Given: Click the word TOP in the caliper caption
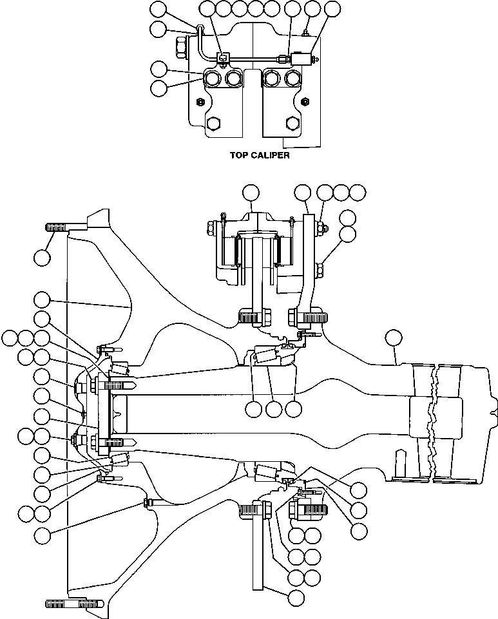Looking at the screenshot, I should pyautogui.click(x=240, y=155).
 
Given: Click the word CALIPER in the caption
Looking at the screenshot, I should pyautogui.click(x=269, y=155).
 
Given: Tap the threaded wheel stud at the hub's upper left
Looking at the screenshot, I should pyautogui.click(x=58, y=226).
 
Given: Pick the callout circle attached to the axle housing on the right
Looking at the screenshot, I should pyautogui.click(x=392, y=337).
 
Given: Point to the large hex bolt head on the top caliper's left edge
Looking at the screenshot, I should pyautogui.click(x=180, y=46).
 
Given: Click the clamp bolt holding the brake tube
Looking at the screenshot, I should pyautogui.click(x=221, y=57).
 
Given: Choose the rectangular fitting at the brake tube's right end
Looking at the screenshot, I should pyautogui.click(x=301, y=59).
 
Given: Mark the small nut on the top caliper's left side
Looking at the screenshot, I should pyautogui.click(x=200, y=101).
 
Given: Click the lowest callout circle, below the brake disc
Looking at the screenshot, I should pyautogui.click(x=296, y=596).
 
